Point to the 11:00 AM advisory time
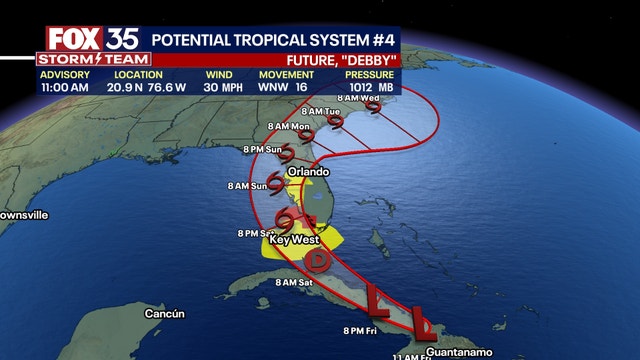pyautogui.click(x=65, y=87)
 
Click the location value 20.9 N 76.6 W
pyautogui.click(x=137, y=87)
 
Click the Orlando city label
pyautogui.click(x=308, y=172)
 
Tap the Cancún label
pyautogui.click(x=165, y=314)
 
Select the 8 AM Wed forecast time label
pyautogui.click(x=358, y=97)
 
